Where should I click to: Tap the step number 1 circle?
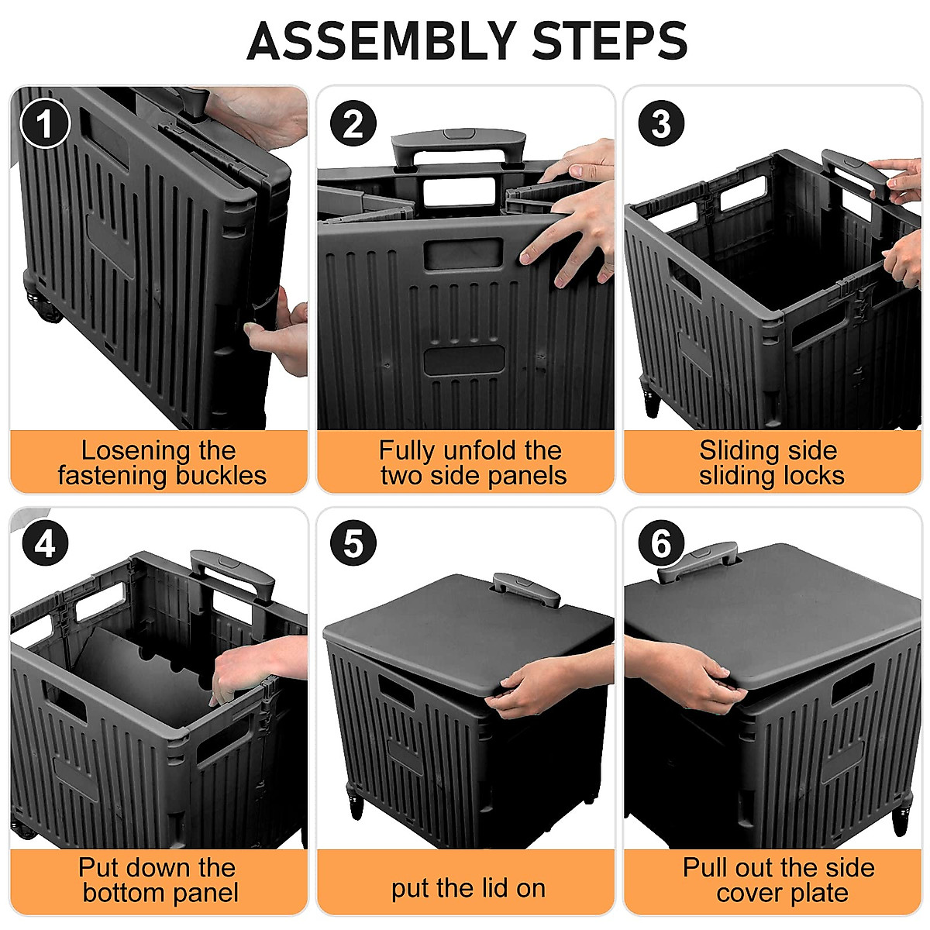point(45,124)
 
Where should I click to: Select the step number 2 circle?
point(353,124)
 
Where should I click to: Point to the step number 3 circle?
point(660,124)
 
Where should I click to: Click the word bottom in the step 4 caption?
point(124,893)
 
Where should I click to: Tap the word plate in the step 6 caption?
point(819,893)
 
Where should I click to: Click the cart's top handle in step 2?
point(459,145)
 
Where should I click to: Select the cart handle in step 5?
point(527,589)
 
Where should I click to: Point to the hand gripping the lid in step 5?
point(535,686)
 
